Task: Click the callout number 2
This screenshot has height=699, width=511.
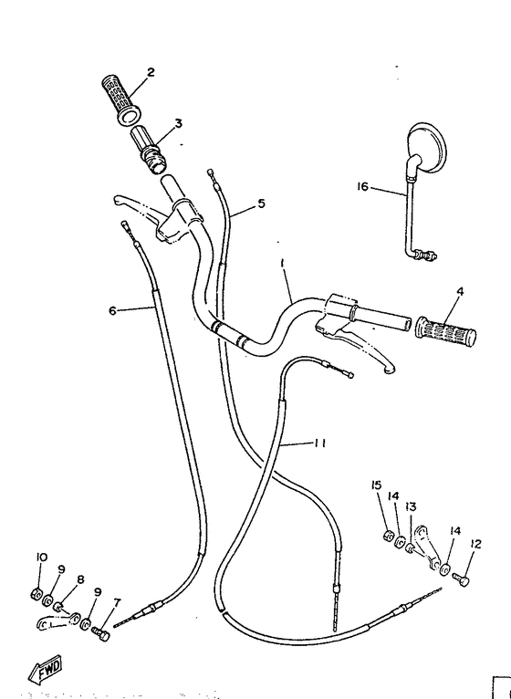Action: coord(151,72)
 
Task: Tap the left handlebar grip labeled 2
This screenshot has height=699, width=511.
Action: coord(120,99)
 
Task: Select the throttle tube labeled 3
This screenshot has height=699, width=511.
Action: coord(149,150)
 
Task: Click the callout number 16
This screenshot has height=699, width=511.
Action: coord(362,186)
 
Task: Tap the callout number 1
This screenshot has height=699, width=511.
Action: coord(283,264)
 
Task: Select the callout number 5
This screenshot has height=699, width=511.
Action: coord(261,203)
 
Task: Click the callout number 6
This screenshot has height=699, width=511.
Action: coord(113,310)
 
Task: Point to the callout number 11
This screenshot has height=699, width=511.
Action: coord(319,443)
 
